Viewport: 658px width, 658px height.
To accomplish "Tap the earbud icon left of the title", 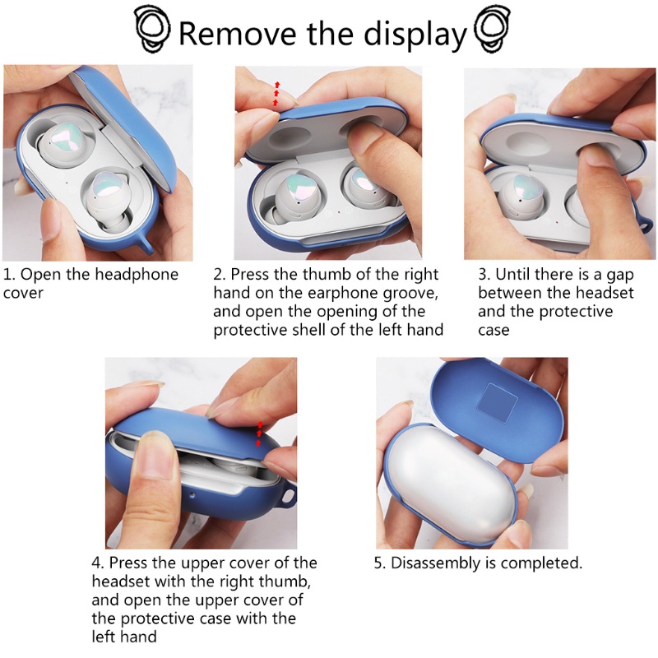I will (x=152, y=30).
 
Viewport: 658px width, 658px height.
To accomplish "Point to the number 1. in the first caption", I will (x=10, y=274).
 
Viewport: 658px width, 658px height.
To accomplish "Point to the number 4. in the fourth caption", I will (x=98, y=563).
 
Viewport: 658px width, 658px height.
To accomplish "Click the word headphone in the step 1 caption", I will (x=140, y=274).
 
